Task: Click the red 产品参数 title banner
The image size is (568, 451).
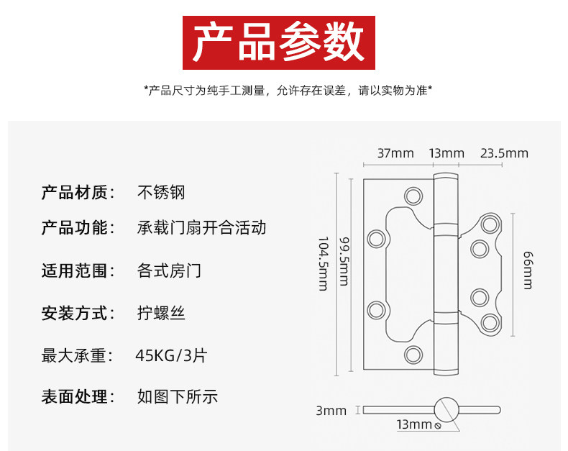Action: (x=278, y=42)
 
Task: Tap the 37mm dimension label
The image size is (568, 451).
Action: (x=395, y=153)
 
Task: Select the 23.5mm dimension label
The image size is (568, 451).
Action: (x=504, y=153)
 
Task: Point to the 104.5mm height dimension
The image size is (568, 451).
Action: (x=323, y=263)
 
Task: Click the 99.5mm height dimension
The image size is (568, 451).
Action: (x=344, y=261)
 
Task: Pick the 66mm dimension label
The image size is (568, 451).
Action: (x=528, y=270)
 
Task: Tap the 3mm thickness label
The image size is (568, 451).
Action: (x=331, y=411)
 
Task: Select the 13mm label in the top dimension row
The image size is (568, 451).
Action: (x=446, y=153)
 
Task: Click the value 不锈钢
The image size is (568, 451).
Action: (x=161, y=192)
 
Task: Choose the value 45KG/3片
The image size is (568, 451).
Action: (x=171, y=355)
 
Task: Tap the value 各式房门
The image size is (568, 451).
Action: (x=169, y=270)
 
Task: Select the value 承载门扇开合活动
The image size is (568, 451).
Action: (x=201, y=228)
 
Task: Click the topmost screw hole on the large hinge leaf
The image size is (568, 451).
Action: (x=413, y=196)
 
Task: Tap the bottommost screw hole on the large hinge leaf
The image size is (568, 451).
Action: (x=413, y=354)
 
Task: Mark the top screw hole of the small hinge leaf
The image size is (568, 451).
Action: (x=490, y=224)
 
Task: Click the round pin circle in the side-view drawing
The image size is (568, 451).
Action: (x=446, y=410)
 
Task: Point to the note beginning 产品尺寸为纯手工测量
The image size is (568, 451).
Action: (x=288, y=90)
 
